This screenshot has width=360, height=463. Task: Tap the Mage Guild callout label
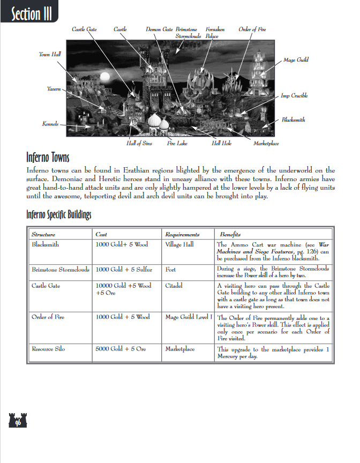tap(296, 61)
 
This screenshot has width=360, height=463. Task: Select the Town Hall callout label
tap(50, 54)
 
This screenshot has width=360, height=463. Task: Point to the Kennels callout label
tap(50, 124)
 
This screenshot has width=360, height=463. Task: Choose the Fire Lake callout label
tap(177, 144)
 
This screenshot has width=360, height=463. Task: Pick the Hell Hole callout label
tap(221, 144)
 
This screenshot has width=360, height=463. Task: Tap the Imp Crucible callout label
tap(294, 96)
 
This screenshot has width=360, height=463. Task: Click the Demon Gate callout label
tap(159, 29)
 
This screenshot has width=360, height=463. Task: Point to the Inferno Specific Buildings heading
tap(59, 215)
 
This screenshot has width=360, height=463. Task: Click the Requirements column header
tap(182, 235)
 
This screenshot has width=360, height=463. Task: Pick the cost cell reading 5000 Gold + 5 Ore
tap(121, 349)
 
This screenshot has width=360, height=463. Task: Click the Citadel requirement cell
tap(174, 286)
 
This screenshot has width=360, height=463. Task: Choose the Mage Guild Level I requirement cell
tap(189, 317)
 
